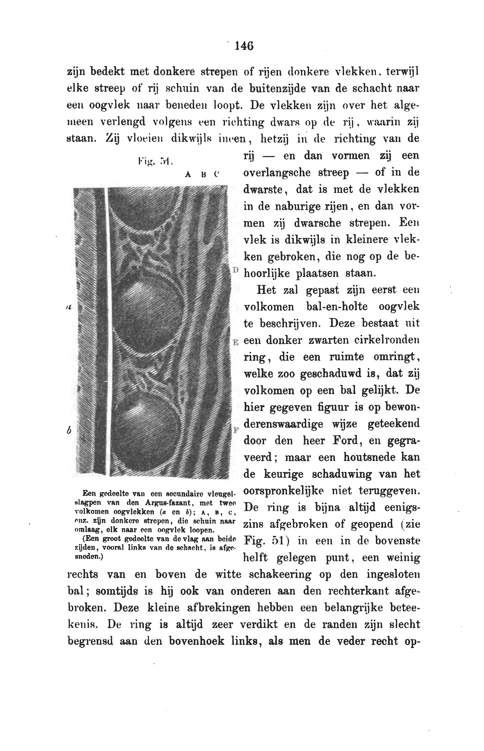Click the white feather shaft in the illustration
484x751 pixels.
[x=106, y=331]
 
